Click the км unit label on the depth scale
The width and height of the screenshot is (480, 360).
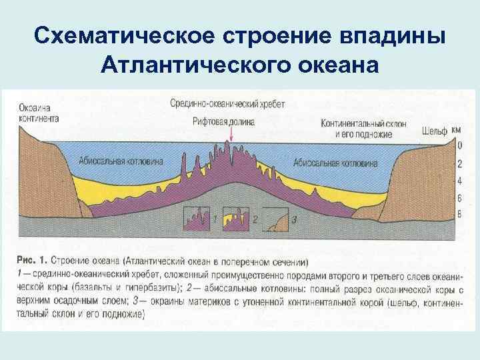coord(456,131)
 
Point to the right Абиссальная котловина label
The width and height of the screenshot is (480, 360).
coord(335,163)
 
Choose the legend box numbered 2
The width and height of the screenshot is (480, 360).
coord(237,218)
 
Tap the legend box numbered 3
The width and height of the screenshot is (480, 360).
coord(277,219)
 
